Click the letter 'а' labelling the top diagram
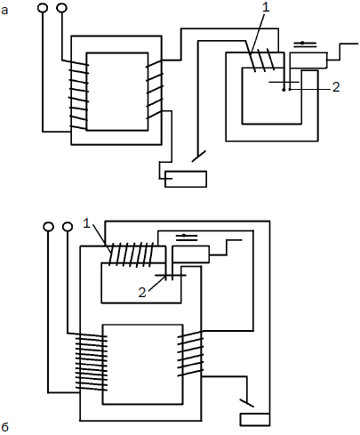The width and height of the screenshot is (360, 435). point(4,11)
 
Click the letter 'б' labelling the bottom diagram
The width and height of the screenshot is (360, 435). point(4,427)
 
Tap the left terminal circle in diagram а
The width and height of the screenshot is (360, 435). point(43,7)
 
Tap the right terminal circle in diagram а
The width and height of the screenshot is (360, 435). point(61,7)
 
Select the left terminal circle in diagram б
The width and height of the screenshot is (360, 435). point(48,227)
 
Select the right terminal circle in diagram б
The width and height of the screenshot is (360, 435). point(68,227)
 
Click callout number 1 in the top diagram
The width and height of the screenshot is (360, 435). point(266,7)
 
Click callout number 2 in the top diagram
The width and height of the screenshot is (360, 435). point(336,87)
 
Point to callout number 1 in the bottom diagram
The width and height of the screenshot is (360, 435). point(86,223)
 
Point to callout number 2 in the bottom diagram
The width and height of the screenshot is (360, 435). point(142,293)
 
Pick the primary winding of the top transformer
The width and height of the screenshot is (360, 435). point(78,95)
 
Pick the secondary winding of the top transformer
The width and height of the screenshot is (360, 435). point(155,90)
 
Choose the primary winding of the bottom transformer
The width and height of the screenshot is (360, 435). point(91,362)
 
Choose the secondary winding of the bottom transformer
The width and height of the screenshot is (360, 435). point(190,354)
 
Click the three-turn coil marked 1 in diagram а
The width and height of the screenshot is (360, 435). point(262,60)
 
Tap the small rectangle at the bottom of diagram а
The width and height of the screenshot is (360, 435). point(186,179)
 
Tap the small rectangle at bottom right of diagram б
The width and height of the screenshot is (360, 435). point(254,420)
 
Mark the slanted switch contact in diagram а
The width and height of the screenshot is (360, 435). point(199,156)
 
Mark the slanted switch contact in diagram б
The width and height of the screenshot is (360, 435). point(246,403)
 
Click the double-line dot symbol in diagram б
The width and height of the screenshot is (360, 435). point(187,238)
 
